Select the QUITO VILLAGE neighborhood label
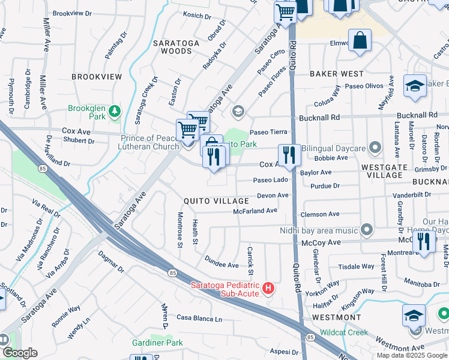pyautogui.click(x=216, y=201)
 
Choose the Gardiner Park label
pyautogui.click(x=157, y=343)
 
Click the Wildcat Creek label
pyautogui.click(x=343, y=332)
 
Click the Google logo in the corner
pyautogui.click(x=20, y=353)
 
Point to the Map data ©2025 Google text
pyautogui.click(x=412, y=355)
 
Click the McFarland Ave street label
pyautogui.click(x=255, y=211)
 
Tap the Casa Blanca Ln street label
pyautogui.click(x=199, y=317)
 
